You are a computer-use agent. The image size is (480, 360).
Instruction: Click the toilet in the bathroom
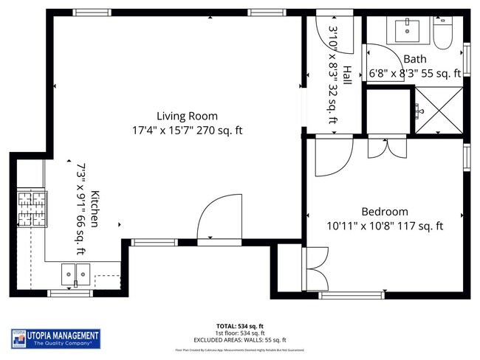(443, 35)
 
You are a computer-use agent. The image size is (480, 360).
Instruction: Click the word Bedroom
(384, 211)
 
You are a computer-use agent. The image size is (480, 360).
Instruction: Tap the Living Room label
(187, 116)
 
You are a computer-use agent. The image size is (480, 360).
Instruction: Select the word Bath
(414, 59)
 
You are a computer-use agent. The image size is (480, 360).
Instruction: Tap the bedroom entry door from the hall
(333, 157)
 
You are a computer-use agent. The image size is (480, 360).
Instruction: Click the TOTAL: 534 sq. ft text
(239, 325)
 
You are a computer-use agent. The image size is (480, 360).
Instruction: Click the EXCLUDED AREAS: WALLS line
(239, 339)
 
